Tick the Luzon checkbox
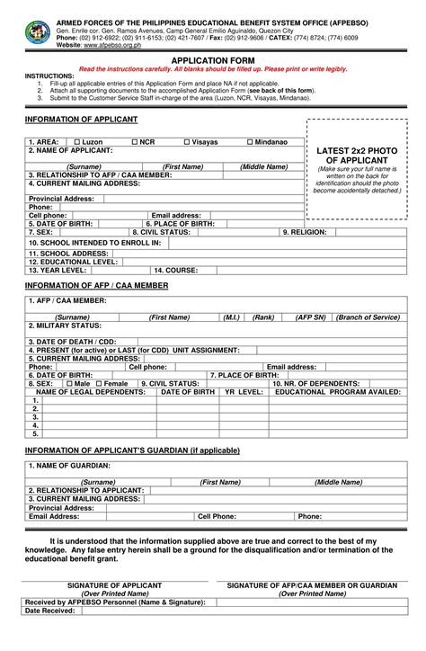(77, 142)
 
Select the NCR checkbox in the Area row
(135, 142)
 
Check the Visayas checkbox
(187, 142)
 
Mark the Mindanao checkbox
(249, 142)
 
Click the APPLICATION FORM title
(213, 60)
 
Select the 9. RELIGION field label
(305, 232)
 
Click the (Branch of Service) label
(368, 317)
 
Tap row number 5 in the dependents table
(36, 433)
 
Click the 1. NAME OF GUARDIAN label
(69, 466)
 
